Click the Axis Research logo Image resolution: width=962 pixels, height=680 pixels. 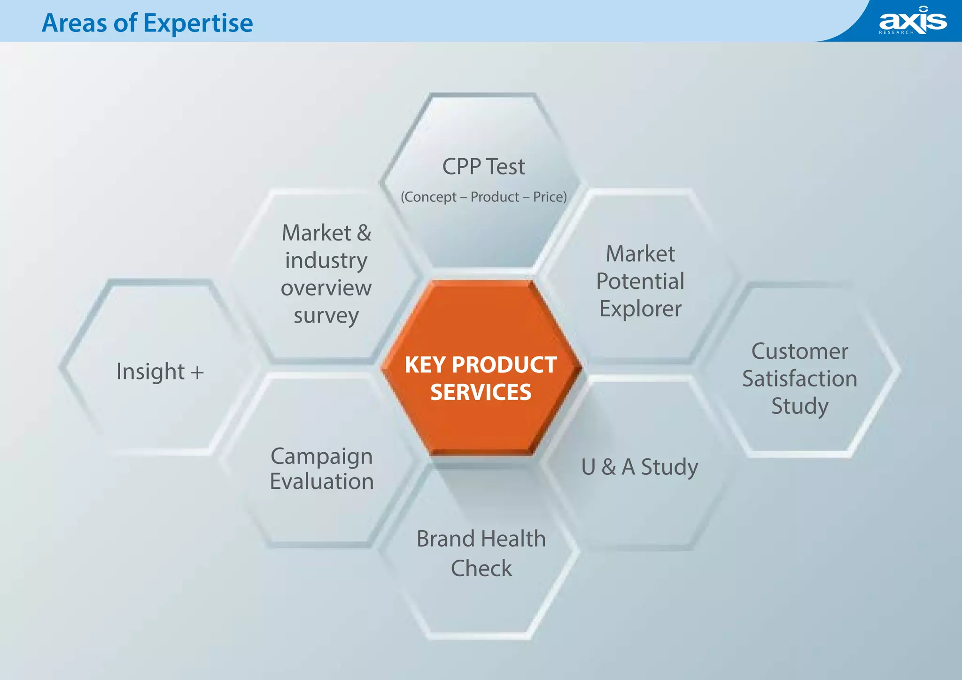click(912, 21)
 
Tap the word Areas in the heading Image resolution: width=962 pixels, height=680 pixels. click(74, 23)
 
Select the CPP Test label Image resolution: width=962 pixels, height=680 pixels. click(483, 167)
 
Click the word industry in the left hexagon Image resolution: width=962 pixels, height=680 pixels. click(326, 261)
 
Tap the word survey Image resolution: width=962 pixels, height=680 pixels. click(326, 316)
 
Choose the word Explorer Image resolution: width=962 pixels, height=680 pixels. click(640, 309)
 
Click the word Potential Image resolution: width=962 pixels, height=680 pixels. click(640, 281)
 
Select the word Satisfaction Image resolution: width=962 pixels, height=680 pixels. click(799, 379)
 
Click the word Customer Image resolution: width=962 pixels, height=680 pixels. click(799, 351)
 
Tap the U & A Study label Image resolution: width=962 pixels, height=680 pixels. click(639, 467)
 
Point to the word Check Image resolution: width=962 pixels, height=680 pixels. click(481, 568)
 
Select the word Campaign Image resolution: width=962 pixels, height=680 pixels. click(321, 456)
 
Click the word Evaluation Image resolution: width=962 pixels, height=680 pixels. click(321, 482)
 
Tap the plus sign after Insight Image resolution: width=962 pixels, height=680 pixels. click(197, 372)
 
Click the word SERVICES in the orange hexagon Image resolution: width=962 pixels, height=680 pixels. click(481, 392)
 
